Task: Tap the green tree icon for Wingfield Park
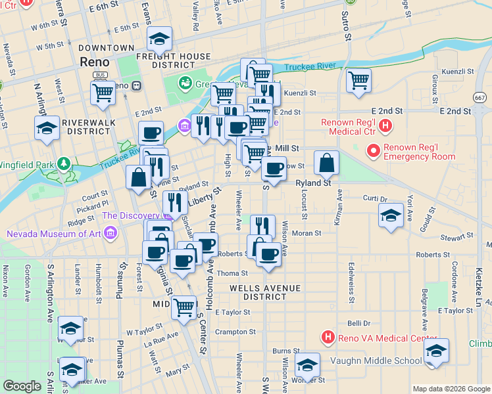pos(64,162)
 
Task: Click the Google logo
pos(22,386)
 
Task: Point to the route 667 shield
pos(481,97)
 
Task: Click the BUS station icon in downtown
pos(101,75)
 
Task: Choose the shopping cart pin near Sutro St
pos(358,81)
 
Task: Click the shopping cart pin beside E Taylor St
pos(184,306)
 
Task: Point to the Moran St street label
pos(307,232)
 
